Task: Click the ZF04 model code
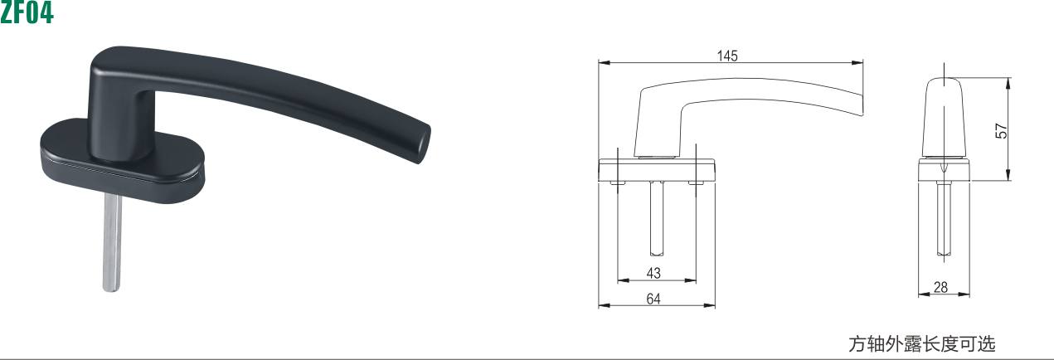(x=27, y=12)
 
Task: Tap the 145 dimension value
(x=727, y=56)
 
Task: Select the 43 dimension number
(x=653, y=273)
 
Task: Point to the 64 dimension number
(x=653, y=299)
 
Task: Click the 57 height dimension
(x=1001, y=131)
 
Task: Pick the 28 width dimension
(x=940, y=287)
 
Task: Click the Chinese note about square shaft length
(x=922, y=344)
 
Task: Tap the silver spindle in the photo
(x=112, y=242)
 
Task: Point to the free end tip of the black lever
(x=424, y=144)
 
